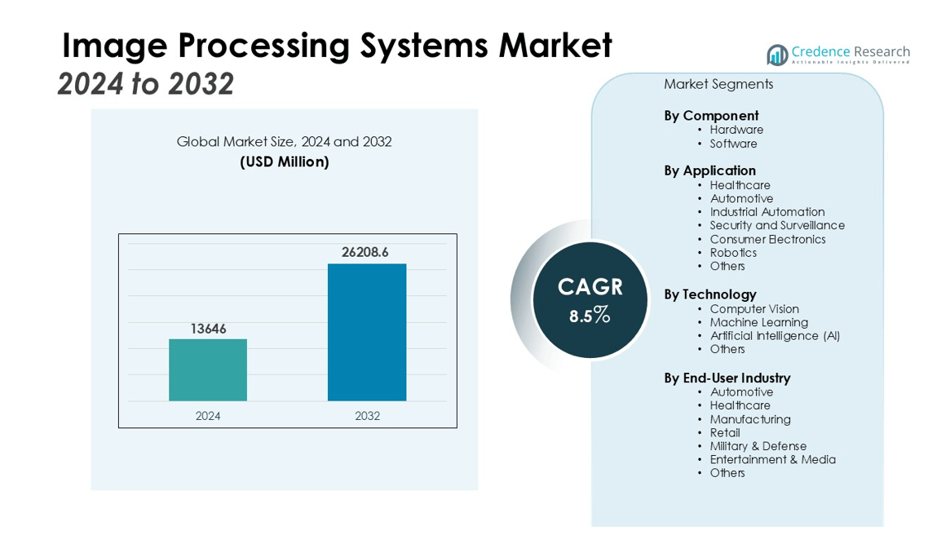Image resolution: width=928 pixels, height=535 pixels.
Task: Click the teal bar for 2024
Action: pyautogui.click(x=208, y=369)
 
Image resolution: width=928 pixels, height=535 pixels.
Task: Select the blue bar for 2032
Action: pyautogui.click(x=367, y=332)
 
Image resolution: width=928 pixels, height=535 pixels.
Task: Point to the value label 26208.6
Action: pyautogui.click(x=365, y=252)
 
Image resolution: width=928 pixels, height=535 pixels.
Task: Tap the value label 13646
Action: pyautogui.click(x=208, y=329)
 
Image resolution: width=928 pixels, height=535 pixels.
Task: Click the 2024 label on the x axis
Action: pyautogui.click(x=208, y=416)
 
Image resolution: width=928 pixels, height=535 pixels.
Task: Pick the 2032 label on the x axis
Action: pyautogui.click(x=367, y=416)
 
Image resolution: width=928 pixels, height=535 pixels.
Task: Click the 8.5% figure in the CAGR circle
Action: pyautogui.click(x=590, y=316)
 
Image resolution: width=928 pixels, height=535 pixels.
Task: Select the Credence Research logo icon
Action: pyautogui.click(x=777, y=55)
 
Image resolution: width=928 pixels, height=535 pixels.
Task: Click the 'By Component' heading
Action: pyautogui.click(x=711, y=116)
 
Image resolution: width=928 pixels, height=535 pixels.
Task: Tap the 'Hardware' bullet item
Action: pyautogui.click(x=736, y=130)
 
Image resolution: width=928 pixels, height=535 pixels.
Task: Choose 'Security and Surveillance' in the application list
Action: pyautogui.click(x=777, y=225)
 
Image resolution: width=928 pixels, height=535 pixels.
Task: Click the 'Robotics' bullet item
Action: pyautogui.click(x=733, y=253)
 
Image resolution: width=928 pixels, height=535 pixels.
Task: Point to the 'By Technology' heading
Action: pyautogui.click(x=710, y=294)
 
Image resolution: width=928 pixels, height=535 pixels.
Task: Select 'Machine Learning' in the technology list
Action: pyautogui.click(x=759, y=322)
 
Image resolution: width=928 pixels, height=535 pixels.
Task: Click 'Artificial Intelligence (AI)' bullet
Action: pyautogui.click(x=775, y=336)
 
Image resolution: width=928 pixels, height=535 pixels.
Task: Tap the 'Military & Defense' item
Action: pyautogui.click(x=758, y=446)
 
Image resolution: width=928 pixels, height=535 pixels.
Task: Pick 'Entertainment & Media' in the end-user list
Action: pyautogui.click(x=772, y=459)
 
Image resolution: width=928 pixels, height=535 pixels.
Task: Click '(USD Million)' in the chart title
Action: pyautogui.click(x=285, y=161)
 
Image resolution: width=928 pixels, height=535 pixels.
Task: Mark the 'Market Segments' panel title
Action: pyautogui.click(x=718, y=84)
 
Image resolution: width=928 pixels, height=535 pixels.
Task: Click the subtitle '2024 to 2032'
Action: pyautogui.click(x=146, y=84)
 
